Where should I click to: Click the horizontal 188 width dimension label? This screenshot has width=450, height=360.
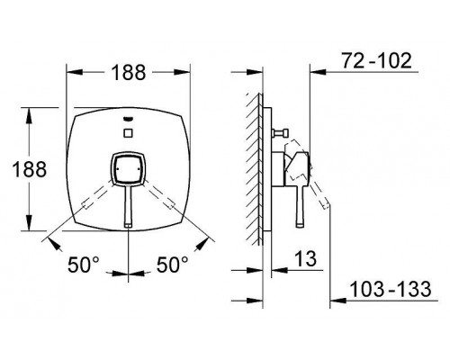(x=129, y=73)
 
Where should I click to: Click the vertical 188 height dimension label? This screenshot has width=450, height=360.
(x=29, y=169)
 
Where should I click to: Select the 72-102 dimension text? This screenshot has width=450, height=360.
(x=377, y=61)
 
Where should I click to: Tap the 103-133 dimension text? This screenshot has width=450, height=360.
(x=391, y=289)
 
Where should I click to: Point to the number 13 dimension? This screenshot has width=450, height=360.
(x=306, y=258)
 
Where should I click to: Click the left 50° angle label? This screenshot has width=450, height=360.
(x=84, y=265)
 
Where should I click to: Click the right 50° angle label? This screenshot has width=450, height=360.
(x=172, y=265)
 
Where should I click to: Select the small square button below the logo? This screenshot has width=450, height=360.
(x=129, y=132)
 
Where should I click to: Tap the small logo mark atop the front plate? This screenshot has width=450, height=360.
(x=129, y=120)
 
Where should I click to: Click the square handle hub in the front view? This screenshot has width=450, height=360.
(x=129, y=168)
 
